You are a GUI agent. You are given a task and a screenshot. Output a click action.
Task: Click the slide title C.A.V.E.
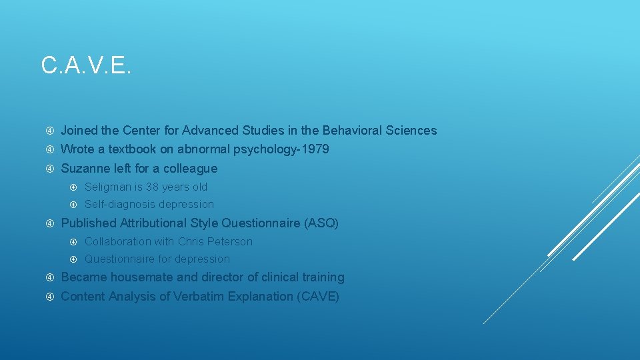(86, 65)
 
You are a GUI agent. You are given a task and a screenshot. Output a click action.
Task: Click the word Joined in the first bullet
(79, 131)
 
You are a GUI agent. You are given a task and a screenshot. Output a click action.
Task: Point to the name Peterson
(230, 241)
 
